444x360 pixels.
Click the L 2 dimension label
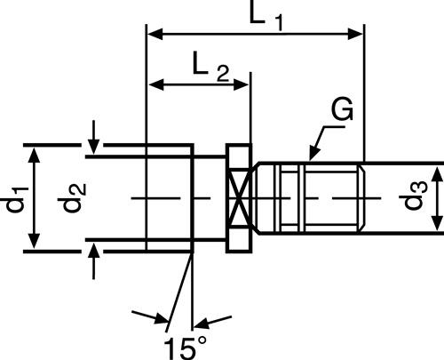(210, 66)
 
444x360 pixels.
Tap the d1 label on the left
(16, 197)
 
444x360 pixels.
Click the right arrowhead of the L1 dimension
(357, 35)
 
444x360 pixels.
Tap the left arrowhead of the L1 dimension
(154, 35)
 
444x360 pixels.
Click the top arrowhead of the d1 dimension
(35, 154)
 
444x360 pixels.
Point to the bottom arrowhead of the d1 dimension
(35, 244)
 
